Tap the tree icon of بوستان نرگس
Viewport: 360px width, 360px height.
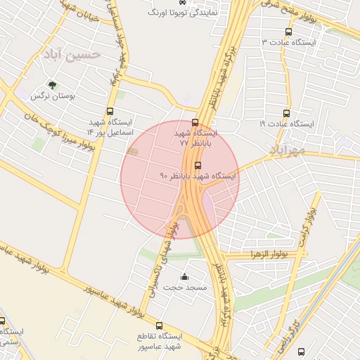click(52, 85)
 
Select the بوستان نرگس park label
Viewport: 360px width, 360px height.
click(52, 96)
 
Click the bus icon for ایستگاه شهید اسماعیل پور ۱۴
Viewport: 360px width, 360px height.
click(110, 111)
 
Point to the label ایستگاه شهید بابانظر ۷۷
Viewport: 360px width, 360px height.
click(195, 137)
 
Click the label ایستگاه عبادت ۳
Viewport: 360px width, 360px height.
click(289, 42)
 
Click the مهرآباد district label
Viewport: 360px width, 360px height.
click(286, 150)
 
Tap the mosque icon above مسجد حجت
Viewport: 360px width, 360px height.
click(184, 277)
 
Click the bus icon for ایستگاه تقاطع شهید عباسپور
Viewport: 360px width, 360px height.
click(160, 326)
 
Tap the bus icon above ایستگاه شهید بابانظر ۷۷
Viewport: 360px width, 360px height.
click(195, 122)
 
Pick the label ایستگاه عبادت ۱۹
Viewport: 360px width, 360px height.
click(286, 124)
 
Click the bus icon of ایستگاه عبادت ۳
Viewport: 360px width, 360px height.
click(288, 32)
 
